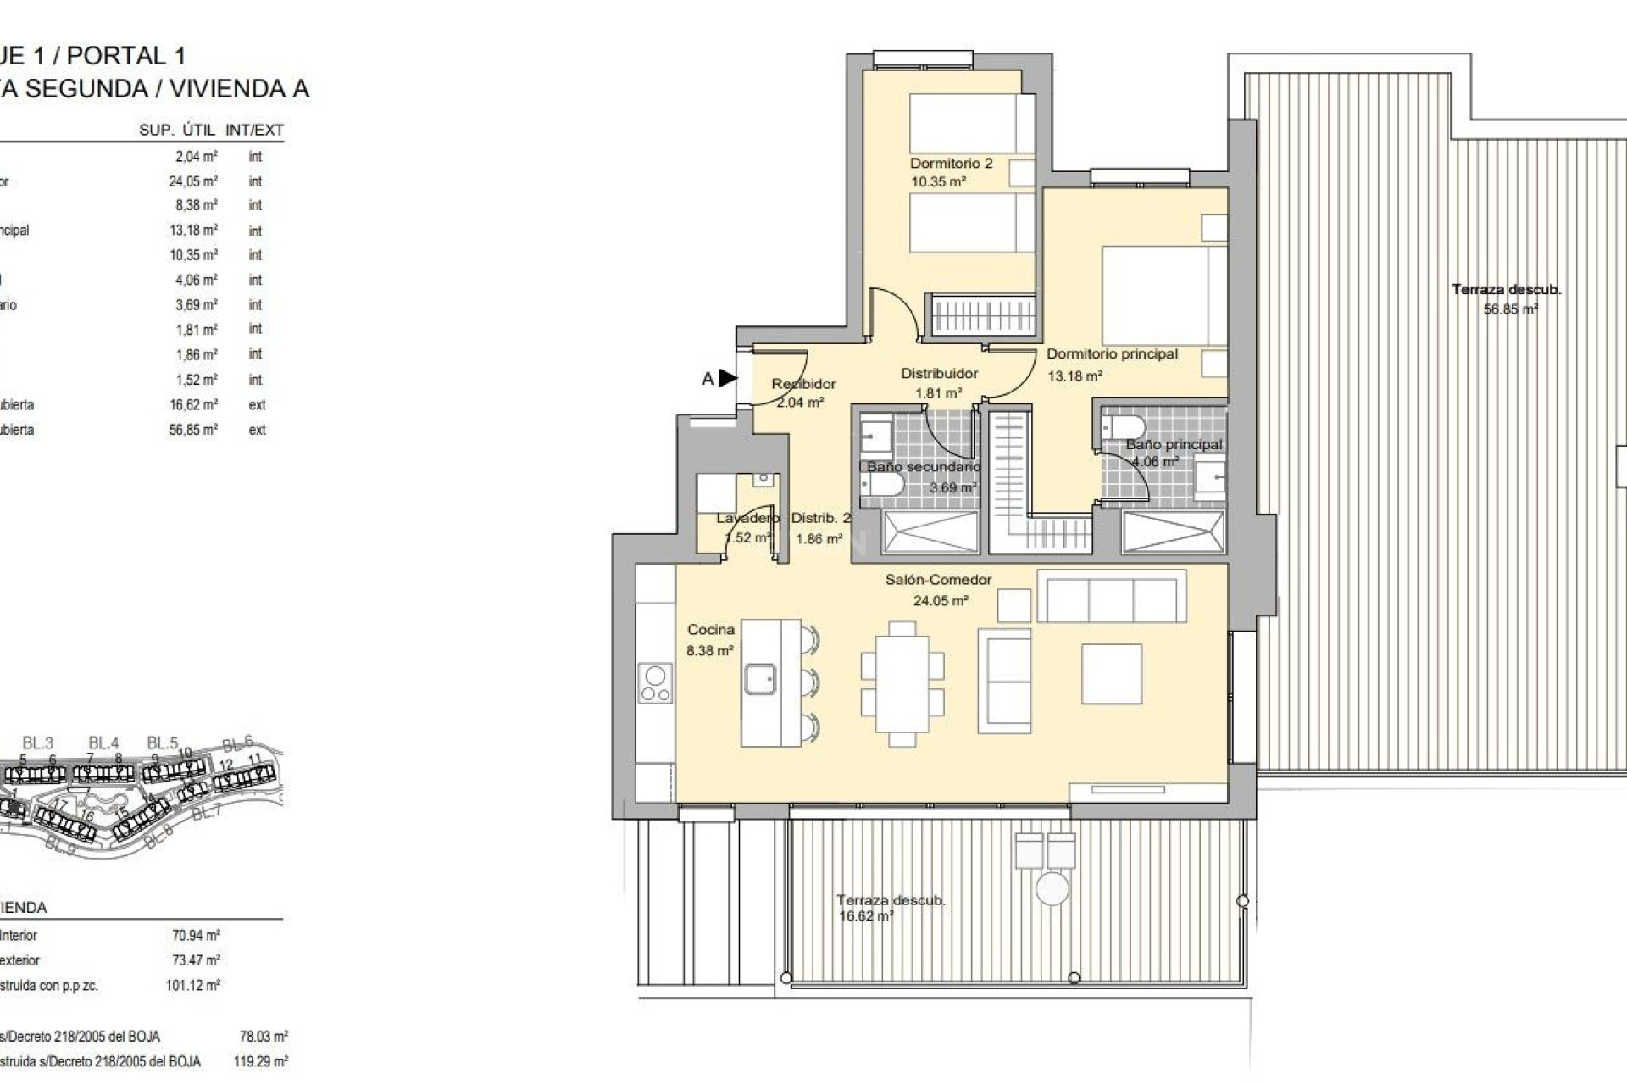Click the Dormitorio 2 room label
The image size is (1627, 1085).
951,164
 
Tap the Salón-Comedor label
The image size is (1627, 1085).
938,580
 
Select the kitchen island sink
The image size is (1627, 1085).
760,679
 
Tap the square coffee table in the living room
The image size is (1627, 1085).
1111,674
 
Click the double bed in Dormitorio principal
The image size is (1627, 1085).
1163,296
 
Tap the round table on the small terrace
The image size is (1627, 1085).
1052,889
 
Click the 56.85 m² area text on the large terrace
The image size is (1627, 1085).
1510,309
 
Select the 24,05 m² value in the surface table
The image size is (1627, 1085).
193,181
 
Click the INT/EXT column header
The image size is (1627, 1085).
254,131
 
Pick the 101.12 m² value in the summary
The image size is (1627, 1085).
192,986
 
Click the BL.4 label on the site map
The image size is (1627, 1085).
103,743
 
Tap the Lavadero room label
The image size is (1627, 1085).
747,518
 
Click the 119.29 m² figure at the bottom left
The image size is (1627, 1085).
260,1061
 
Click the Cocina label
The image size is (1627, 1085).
710,630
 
